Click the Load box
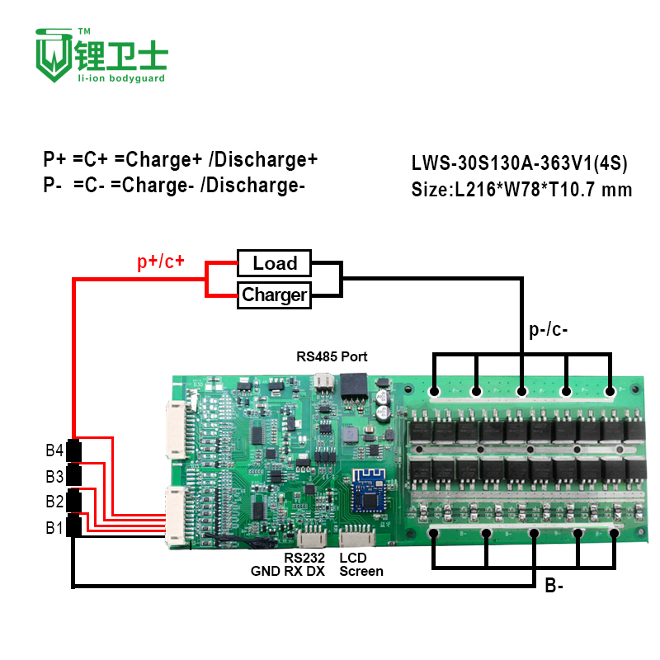(275, 263)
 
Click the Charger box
(275, 295)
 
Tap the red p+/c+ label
(161, 262)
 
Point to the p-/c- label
(548, 332)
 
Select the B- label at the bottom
(554, 587)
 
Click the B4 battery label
(54, 450)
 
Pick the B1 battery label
(54, 527)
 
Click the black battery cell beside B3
(74, 475)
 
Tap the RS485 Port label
(332, 357)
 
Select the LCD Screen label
(361, 564)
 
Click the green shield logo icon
(52, 54)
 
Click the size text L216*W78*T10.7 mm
(521, 190)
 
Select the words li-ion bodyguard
(121, 78)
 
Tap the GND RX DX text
(287, 571)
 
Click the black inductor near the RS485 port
(356, 384)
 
